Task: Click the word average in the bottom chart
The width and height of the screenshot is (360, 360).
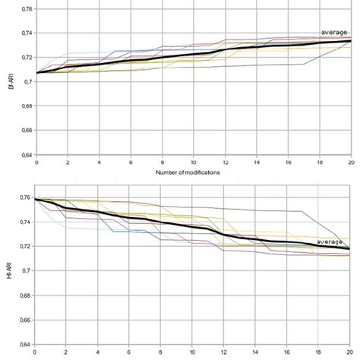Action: (x=330, y=242)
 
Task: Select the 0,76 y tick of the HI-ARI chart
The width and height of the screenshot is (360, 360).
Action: (x=25, y=197)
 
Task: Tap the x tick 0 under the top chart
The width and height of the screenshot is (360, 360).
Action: (x=36, y=163)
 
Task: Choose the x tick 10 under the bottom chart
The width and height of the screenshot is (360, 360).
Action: (x=193, y=352)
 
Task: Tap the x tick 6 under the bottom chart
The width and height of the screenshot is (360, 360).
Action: (x=131, y=352)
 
